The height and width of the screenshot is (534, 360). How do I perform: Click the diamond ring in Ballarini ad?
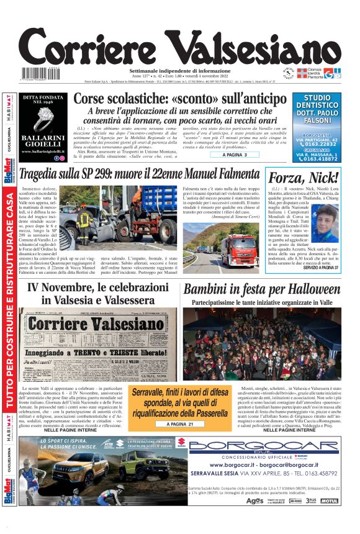click(x=43, y=118)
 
